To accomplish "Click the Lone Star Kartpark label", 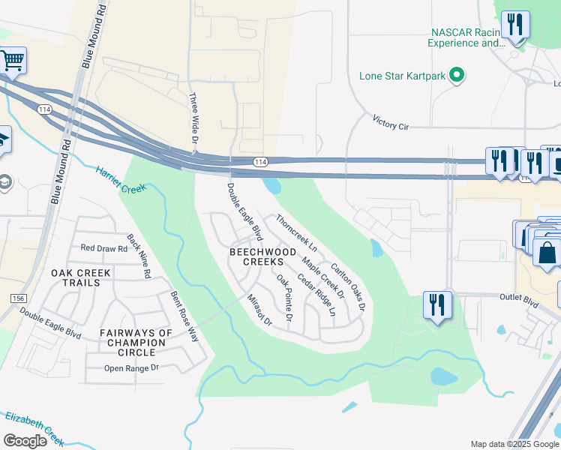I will [402, 76].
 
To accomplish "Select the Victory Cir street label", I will [391, 122].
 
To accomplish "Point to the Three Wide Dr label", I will [193, 118].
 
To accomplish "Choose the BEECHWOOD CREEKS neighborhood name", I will [256, 257].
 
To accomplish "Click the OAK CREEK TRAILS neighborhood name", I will [75, 277].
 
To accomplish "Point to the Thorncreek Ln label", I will [296, 232].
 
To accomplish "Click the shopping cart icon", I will [12, 59].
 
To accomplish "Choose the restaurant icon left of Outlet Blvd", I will [437, 305].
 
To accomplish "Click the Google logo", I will [25, 441].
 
